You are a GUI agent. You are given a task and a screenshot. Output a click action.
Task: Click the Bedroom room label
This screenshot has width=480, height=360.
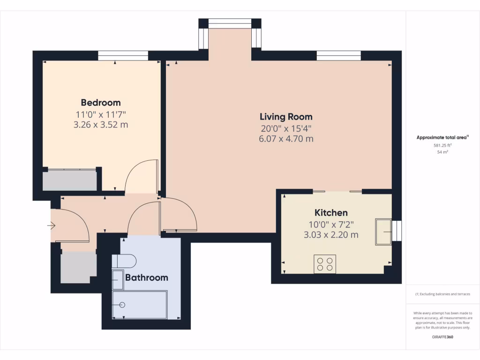coord(101,103)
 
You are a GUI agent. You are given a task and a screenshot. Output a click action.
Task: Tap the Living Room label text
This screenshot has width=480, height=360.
coord(286,117)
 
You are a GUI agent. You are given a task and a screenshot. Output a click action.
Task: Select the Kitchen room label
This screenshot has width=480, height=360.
coord(331,212)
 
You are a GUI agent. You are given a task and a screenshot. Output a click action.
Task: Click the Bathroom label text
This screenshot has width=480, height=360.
coord(146,277)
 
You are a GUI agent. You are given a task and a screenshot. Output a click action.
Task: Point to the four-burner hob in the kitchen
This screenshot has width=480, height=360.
coord(325,264)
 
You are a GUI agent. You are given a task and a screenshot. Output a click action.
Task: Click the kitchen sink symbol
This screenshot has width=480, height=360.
coord(383,232)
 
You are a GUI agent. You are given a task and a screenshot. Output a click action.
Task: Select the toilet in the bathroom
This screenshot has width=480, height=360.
coord(124,261)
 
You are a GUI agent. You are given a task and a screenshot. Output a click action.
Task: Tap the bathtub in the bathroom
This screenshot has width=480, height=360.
coord(140,305)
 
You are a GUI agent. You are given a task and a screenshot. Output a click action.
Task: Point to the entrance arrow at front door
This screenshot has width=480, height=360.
coord(51,226)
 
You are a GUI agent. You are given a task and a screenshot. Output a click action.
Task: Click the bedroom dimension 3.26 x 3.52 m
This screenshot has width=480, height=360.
coord(101,125)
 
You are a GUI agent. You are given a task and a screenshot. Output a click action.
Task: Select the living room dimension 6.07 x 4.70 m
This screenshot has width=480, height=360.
coord(286,139)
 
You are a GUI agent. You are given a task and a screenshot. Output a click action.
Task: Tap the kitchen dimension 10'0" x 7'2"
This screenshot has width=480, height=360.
coord(331,224)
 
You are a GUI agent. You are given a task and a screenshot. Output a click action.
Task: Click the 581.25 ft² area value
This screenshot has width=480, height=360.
coord(442,145)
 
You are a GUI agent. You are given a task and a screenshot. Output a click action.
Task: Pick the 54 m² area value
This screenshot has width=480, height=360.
coord(442,152)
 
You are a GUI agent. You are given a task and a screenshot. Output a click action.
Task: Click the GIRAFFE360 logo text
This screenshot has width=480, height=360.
coord(442,337)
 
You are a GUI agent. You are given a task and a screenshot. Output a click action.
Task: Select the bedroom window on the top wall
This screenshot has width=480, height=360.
coord(123,56)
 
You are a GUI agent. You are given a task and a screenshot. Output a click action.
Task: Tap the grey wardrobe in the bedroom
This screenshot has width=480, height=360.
coord(70,180)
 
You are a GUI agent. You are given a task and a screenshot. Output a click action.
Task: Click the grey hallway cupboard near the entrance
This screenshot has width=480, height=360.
coord(78,267)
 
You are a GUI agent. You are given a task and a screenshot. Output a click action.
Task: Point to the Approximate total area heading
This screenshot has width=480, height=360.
coord(442,137)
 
